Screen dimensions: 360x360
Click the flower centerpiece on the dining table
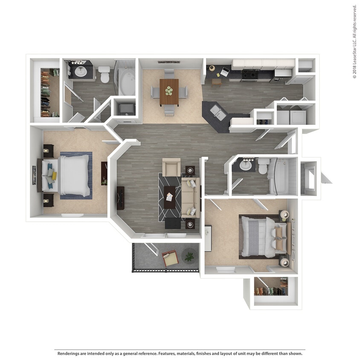(x=169, y=90)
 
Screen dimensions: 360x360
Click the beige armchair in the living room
(x=172, y=167)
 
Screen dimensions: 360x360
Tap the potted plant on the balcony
(x=189, y=256)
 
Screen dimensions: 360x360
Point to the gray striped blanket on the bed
(x=253, y=237)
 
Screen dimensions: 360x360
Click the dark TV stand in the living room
(x=121, y=197)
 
